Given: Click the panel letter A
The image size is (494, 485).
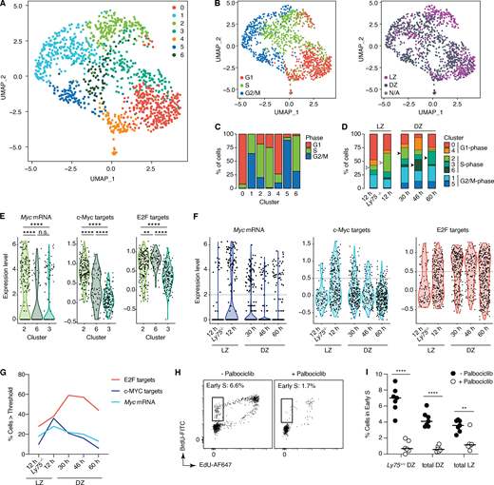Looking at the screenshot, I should tap(6, 8).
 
